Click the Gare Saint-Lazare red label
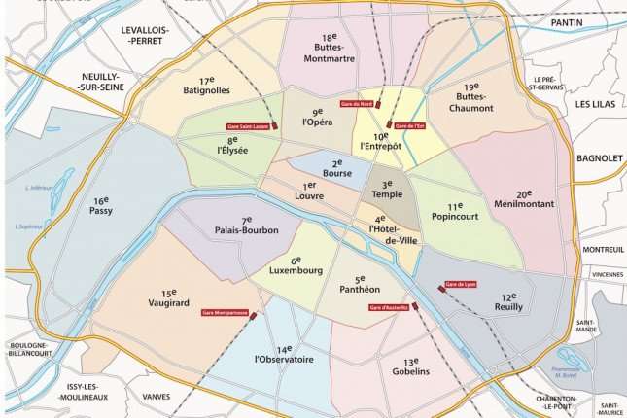pos(246,125)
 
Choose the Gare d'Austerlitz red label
pos(388,308)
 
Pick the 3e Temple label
pos(386,189)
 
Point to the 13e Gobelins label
pos(410,366)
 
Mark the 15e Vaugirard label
pos(169,297)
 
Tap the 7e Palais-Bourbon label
pos(247,226)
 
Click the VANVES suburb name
pos(156,395)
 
